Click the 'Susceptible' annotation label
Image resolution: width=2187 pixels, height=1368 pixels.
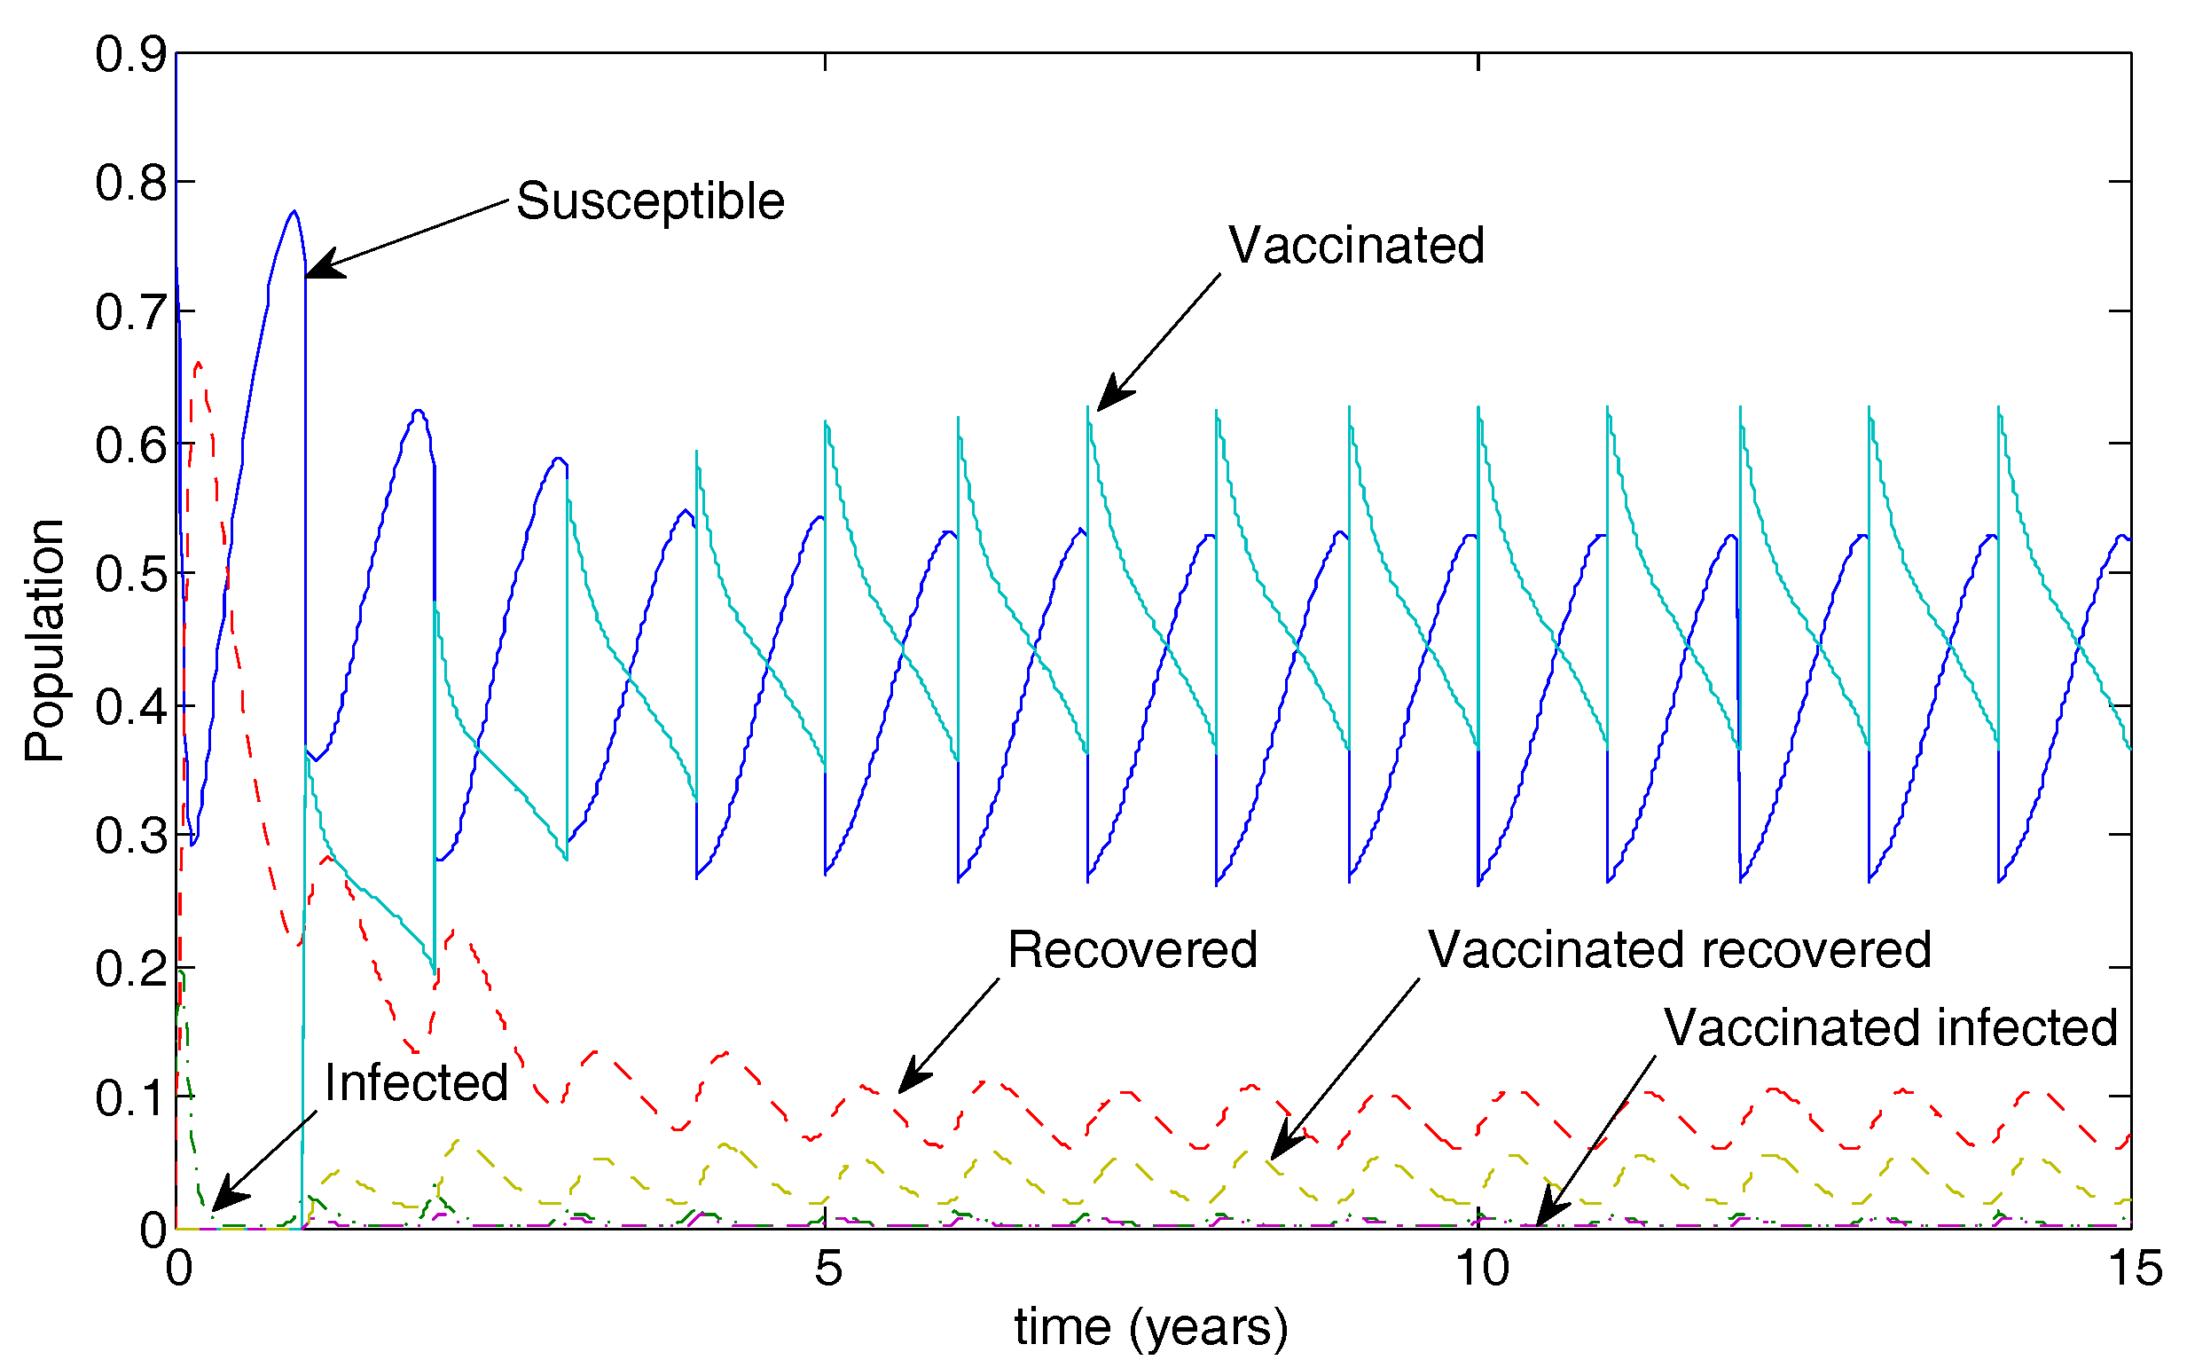(x=649, y=200)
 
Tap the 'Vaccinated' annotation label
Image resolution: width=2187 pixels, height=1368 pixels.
(x=1355, y=245)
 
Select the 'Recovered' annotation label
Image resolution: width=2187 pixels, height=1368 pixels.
(x=1132, y=950)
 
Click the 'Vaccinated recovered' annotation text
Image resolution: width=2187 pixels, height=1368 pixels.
(x=1679, y=950)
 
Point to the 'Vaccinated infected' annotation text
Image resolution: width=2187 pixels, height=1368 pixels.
(x=1889, y=1028)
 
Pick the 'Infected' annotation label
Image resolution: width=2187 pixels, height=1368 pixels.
(x=416, y=1082)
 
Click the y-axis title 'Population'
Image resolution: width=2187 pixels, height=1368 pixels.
(x=43, y=641)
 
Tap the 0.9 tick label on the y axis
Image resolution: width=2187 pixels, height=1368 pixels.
(x=131, y=54)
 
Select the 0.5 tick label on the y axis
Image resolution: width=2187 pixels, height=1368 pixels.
(x=131, y=574)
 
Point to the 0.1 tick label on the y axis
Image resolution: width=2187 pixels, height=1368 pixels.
(x=131, y=1098)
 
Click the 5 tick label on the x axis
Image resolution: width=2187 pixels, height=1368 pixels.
(x=827, y=1268)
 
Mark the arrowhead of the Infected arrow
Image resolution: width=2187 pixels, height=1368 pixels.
(x=219, y=1203)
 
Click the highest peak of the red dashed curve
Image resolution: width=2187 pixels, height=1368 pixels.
(x=198, y=364)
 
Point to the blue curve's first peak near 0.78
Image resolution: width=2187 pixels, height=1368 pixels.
(x=294, y=212)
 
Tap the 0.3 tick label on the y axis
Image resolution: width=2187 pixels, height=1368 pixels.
(x=131, y=835)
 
